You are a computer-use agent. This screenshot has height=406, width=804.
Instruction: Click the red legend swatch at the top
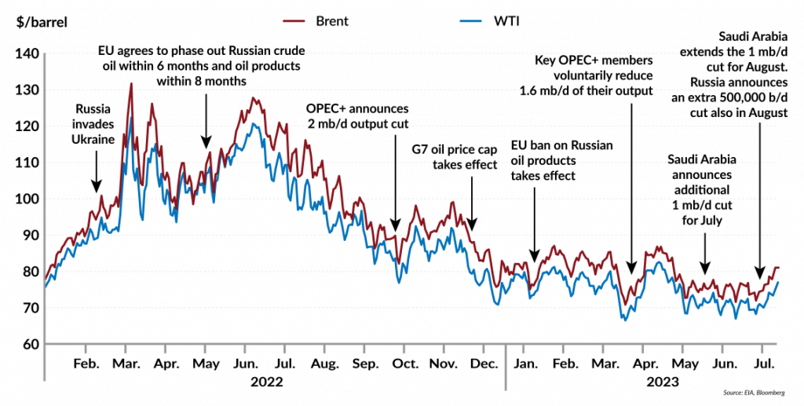click(x=294, y=21)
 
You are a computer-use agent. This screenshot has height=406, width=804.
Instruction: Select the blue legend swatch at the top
click(x=470, y=21)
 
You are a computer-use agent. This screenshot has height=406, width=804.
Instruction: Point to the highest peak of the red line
click(x=130, y=85)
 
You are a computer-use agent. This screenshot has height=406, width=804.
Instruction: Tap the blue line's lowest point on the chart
click(x=625, y=320)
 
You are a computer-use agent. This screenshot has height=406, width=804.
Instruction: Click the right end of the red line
click(x=778, y=268)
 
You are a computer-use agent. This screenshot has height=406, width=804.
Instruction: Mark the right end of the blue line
click(x=778, y=282)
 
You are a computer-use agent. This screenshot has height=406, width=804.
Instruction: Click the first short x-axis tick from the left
click(x=85, y=349)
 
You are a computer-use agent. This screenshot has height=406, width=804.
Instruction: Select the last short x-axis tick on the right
click(x=762, y=349)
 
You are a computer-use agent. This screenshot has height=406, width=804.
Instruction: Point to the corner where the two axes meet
click(x=45, y=343)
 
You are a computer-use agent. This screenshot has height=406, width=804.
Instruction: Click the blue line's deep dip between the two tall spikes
click(x=142, y=218)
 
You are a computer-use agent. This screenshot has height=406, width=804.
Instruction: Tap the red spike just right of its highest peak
click(x=152, y=104)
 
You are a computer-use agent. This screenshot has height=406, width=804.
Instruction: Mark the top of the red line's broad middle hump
click(x=253, y=97)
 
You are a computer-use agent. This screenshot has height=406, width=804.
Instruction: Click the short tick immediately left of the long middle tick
click(x=484, y=349)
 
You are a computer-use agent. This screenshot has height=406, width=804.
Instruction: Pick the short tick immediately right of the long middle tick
click(x=524, y=349)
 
